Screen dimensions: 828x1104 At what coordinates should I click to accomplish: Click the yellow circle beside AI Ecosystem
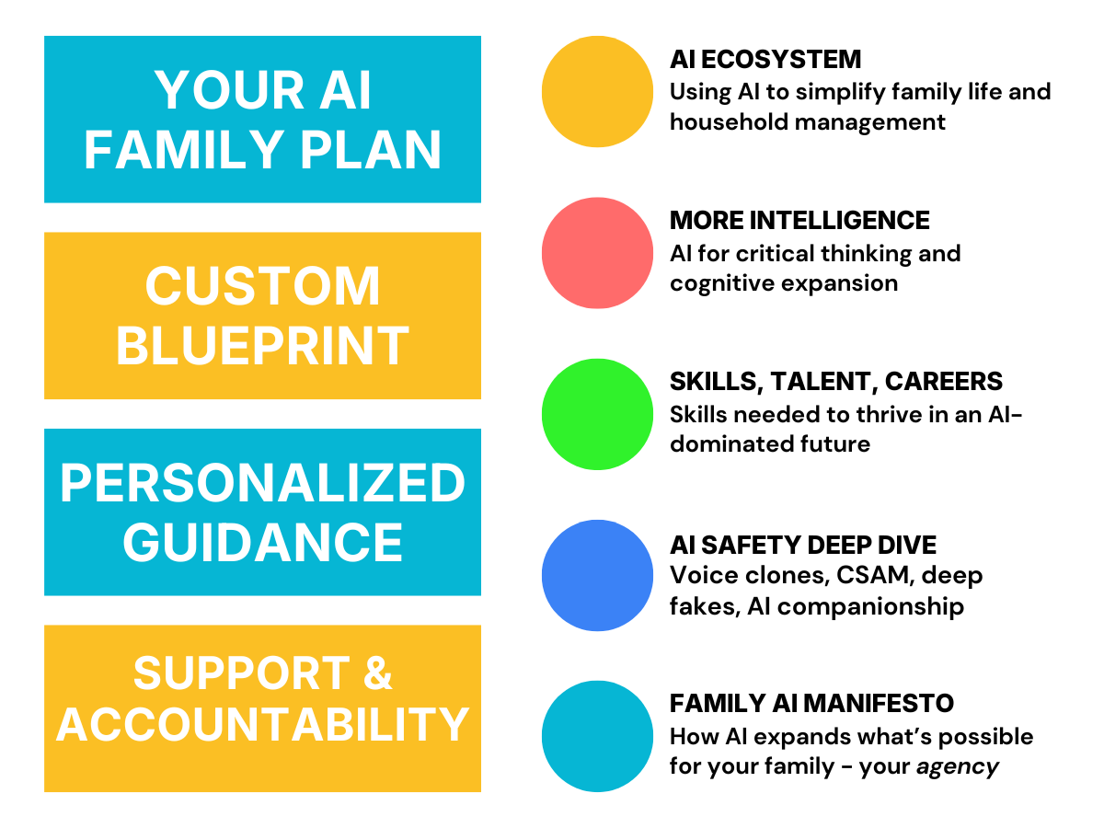(597, 91)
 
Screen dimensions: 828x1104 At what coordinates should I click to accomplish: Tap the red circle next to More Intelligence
(597, 252)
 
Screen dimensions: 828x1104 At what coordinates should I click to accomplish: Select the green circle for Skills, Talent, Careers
(597, 414)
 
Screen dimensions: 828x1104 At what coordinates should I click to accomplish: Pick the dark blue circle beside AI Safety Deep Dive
(597, 575)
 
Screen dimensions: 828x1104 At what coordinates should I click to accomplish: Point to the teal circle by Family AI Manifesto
(597, 736)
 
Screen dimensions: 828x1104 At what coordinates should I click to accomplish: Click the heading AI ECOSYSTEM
(765, 60)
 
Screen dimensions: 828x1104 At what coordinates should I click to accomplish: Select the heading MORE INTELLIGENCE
(799, 221)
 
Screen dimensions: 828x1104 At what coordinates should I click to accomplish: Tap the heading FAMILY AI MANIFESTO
(811, 704)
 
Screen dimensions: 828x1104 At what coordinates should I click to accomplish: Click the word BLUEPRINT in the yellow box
(262, 346)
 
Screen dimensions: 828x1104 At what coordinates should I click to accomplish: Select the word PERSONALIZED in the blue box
(262, 484)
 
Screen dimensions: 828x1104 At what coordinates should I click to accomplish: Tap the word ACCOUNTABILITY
(262, 725)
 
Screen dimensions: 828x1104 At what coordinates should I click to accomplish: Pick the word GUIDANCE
(262, 542)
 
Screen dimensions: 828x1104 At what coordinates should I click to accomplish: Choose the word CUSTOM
(262, 286)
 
